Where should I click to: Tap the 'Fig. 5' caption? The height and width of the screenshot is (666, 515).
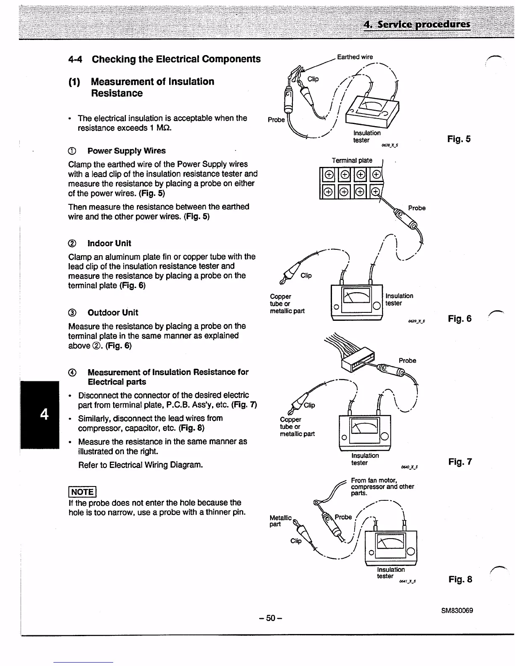coord(459,139)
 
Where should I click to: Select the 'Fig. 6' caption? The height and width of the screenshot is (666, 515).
coord(459,319)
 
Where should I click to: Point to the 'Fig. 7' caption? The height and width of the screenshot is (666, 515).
coord(460,462)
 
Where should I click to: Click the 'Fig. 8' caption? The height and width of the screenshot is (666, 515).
coord(460,579)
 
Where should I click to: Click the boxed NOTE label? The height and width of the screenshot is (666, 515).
coord(82,492)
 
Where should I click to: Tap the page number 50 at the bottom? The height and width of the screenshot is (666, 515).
coord(270,618)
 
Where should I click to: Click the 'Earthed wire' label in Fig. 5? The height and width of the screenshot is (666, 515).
coord(355,57)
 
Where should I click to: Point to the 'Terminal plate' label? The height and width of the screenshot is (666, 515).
coord(352,160)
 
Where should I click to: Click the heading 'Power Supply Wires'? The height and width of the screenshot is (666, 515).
coord(126,151)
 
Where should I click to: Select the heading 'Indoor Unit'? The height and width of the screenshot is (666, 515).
coord(109,243)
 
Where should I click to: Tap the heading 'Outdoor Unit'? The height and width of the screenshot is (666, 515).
coord(112,312)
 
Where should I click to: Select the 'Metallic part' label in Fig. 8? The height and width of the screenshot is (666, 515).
coord(280,521)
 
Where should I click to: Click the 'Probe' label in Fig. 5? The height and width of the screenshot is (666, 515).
coord(276,120)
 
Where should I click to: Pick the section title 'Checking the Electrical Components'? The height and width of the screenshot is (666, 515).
coord(176,59)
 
